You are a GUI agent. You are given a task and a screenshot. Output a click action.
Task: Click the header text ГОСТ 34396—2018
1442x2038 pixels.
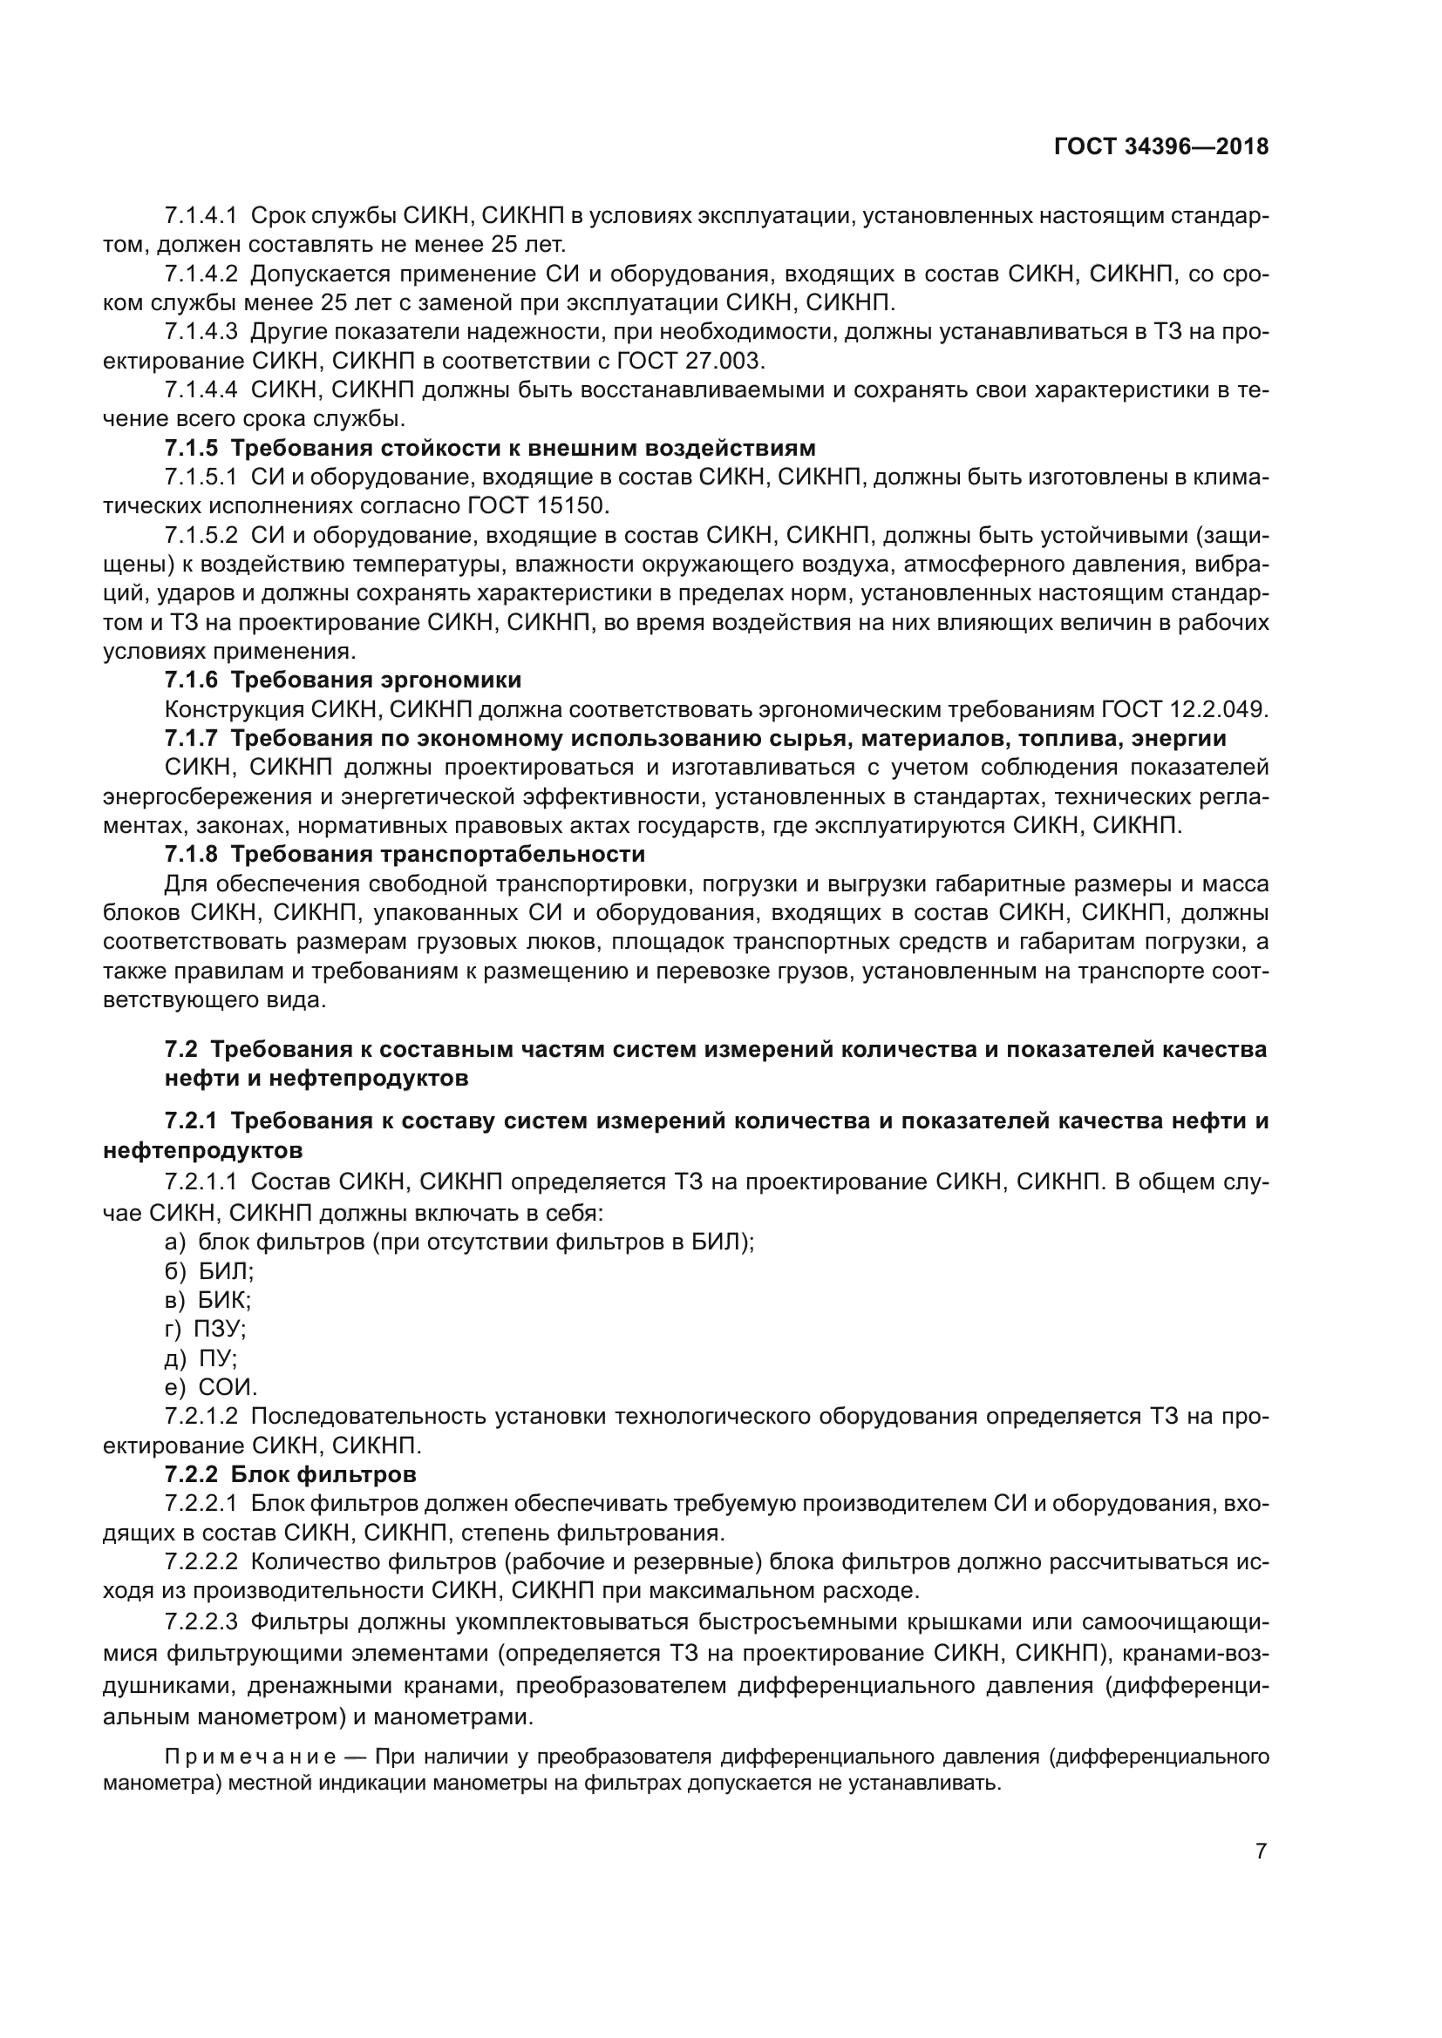[x=1161, y=147]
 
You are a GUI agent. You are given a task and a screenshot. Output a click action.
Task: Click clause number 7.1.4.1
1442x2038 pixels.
[x=201, y=216]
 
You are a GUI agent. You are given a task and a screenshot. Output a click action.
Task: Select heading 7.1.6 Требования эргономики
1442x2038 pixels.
[x=343, y=680]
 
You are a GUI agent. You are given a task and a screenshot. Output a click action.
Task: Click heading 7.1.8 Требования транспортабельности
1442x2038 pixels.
[x=405, y=855]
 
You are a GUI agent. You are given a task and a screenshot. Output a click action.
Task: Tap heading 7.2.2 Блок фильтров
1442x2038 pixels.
[x=290, y=1475]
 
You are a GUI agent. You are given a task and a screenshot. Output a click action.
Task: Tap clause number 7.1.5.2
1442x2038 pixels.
[x=201, y=535]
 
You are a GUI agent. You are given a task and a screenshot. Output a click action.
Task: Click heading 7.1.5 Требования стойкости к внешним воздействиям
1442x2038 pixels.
[x=490, y=448]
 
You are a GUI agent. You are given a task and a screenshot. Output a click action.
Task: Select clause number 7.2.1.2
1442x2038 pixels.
[x=201, y=1417]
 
